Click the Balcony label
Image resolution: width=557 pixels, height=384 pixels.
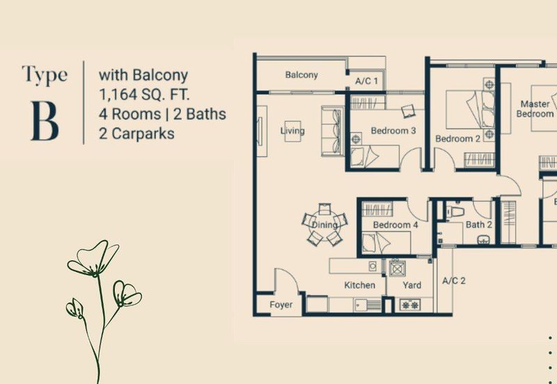301,75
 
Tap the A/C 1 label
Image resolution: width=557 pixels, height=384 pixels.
367,81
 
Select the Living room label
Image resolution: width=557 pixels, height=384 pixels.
292,131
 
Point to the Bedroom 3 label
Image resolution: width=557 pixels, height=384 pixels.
393,131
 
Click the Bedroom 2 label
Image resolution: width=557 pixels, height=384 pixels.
458,138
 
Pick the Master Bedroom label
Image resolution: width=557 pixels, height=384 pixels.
536,109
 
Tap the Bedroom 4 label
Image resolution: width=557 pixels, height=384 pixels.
395,225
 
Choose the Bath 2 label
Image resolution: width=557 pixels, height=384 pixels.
479,225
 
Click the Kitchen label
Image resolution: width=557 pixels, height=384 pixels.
360,285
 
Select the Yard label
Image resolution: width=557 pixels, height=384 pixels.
412,285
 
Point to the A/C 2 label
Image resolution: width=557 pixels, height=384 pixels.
454,281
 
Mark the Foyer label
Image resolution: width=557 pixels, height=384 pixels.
281,305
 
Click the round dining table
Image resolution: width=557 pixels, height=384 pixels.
324,224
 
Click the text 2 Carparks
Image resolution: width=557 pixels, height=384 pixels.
136,132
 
